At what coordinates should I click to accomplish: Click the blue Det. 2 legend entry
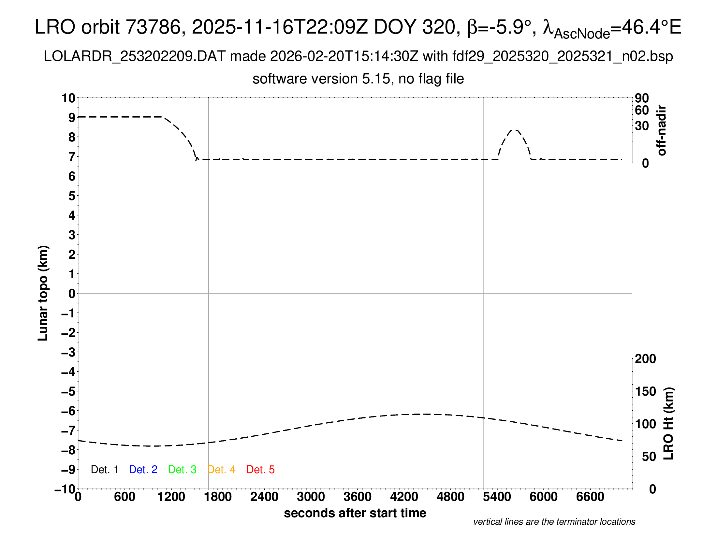point(143,470)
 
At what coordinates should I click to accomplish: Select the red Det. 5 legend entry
point(260,470)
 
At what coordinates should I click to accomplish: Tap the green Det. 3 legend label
point(182,470)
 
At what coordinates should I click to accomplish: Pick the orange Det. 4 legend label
point(221,470)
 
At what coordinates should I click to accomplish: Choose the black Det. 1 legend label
point(104,470)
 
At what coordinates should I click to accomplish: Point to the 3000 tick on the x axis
point(311,497)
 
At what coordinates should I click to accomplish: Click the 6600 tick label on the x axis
point(590,497)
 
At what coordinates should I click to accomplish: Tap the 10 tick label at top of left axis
point(69,98)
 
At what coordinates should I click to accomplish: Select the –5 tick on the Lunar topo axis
point(69,391)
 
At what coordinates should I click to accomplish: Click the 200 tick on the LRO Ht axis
point(645,359)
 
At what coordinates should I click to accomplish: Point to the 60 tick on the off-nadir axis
point(642,110)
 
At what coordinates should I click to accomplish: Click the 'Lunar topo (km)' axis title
point(43,293)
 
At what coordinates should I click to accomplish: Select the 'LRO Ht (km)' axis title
point(668,423)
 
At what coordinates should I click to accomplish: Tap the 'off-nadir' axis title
point(662,130)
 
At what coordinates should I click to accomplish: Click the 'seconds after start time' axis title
point(355,513)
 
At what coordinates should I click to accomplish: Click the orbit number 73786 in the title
point(153,27)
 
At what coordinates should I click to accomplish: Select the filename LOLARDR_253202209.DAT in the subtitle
point(135,56)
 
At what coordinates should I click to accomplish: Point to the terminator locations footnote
point(554,522)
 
